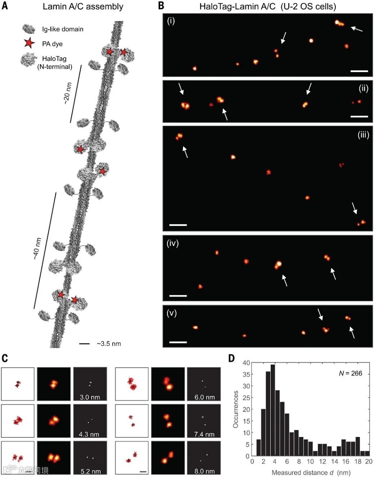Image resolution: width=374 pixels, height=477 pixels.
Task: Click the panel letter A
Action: coord(5,6)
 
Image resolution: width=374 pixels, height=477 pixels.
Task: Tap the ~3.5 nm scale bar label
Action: coord(109,344)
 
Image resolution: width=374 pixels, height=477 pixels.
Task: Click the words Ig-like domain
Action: coord(63,29)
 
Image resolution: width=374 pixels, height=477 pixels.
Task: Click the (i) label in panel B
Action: coord(171,21)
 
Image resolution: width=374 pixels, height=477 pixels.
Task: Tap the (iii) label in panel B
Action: coord(363,135)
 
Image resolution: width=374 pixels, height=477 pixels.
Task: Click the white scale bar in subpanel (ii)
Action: coord(359,116)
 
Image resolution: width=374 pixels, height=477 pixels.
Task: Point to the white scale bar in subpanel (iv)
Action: coord(178,296)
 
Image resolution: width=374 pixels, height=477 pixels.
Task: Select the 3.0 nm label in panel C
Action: coord(90,397)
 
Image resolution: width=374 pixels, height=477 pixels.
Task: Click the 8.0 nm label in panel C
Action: coord(204,471)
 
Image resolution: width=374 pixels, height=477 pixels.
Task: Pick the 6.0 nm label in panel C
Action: coord(204,397)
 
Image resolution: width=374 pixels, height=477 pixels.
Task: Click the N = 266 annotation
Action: coord(351,373)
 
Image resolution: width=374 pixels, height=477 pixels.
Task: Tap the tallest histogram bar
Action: coord(272,410)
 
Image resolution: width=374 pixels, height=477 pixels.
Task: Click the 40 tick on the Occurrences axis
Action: coord(246,363)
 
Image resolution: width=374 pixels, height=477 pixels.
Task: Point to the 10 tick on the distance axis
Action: coord(310,461)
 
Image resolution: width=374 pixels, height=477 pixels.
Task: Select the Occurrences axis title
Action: coord(236,409)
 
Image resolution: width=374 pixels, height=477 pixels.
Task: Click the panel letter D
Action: coord(231,358)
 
